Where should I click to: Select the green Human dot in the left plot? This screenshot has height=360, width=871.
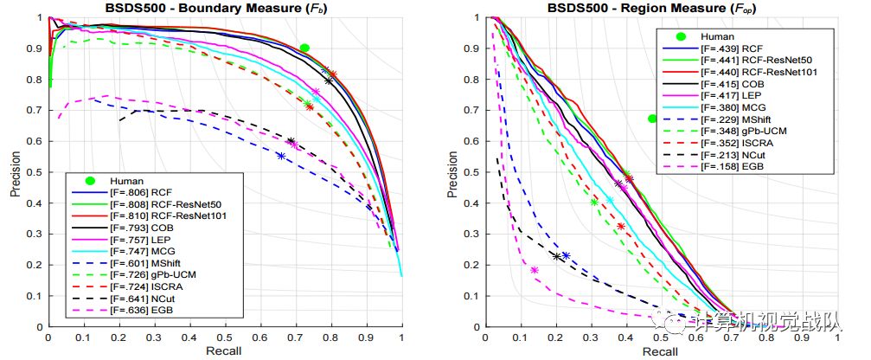click(304, 48)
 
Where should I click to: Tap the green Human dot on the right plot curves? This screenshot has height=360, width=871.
click(652, 119)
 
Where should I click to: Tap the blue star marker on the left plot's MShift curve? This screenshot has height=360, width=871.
click(281, 156)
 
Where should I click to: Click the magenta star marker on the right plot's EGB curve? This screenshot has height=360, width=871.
click(534, 271)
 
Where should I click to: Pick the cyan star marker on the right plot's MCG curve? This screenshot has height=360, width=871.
click(610, 200)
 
